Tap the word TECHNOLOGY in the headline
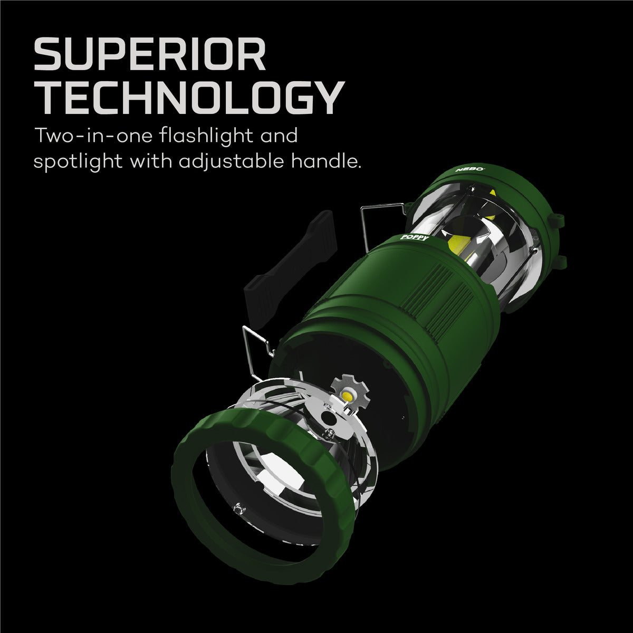point(190,99)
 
